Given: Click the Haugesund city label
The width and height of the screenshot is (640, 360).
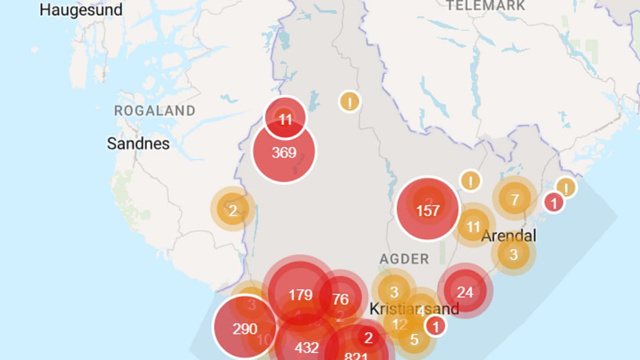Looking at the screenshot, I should coord(81,10).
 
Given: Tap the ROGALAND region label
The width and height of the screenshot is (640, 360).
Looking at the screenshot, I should coord(155,111).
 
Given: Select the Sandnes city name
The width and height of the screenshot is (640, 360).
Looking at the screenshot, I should coord(138,143).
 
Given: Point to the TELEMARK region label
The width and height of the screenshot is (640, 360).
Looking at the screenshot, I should coord(486,6).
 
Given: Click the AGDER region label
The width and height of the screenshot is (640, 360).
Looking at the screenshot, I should coord(404,259).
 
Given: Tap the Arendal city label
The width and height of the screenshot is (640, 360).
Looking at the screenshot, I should coord(509,236).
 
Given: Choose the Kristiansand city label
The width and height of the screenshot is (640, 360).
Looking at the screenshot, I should coord(414,309).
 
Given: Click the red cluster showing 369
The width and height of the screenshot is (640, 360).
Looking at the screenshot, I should coord(284,153).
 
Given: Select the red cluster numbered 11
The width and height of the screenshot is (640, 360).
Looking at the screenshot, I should coord(285,119).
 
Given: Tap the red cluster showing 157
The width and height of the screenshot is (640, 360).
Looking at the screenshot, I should coord(427,210).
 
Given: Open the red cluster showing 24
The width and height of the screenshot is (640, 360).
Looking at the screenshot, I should coord(465,292).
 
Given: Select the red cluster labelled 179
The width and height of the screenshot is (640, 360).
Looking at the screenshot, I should coord(300,294).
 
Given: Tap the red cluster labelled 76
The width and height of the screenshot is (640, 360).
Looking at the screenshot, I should coord(340,299).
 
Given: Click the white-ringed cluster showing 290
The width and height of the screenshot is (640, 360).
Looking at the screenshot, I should coord(245,329).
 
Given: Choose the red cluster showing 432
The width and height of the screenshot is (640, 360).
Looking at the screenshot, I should coord(307,348).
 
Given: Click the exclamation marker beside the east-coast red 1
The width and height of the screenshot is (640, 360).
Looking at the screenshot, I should coord(566,187).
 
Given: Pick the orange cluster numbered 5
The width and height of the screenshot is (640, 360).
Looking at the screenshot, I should coord(414,339).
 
